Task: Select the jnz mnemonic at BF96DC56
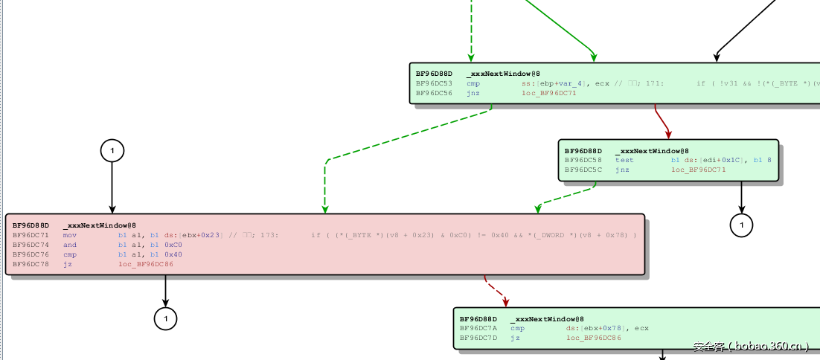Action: (473, 93)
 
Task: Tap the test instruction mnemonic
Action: (624, 160)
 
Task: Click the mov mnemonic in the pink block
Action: (70, 235)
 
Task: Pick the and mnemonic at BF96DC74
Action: (70, 245)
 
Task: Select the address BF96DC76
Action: (31, 254)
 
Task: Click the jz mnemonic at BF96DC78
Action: (68, 264)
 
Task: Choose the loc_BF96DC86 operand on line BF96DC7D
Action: (593, 338)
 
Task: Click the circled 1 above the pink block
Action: (112, 151)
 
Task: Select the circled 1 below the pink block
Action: (165, 319)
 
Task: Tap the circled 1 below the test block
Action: (741, 224)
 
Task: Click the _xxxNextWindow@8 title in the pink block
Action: (99, 225)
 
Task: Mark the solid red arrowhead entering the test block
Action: (668, 135)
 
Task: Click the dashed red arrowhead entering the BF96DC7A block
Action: (507, 302)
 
